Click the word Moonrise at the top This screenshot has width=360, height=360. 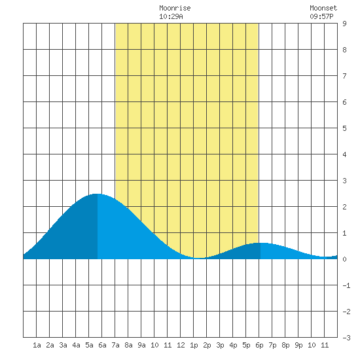click(175, 8)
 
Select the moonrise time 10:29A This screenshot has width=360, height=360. click(171, 16)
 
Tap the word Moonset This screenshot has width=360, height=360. click(323, 8)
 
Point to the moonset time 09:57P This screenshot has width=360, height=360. click(321, 16)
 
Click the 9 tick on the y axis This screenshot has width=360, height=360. click(344, 24)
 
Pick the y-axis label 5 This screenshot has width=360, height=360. click(344, 128)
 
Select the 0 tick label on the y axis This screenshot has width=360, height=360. click(344, 259)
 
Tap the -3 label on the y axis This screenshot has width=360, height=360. click(346, 338)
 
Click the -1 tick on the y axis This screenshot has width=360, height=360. click(346, 285)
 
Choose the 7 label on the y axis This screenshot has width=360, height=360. click(344, 76)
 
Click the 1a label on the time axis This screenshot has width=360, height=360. click(37, 345)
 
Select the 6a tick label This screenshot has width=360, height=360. click(102, 345)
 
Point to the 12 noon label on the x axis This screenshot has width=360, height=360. click(181, 345)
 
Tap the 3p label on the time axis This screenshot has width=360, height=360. click(220, 345)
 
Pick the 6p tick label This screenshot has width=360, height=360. click(259, 345)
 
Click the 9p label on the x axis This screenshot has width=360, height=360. click(298, 345)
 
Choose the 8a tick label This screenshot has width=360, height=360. click(128, 345)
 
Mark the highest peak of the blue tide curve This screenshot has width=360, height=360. click(96, 194)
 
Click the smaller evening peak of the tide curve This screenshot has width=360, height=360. click(261, 243)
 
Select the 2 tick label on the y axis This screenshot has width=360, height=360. click(344, 207)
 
